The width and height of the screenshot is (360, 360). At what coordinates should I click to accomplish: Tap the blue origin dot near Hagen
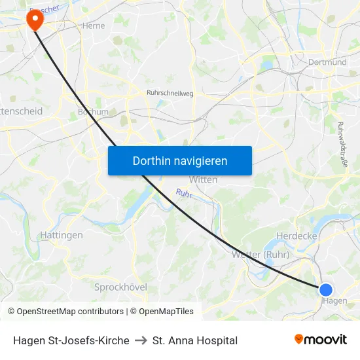click(325, 289)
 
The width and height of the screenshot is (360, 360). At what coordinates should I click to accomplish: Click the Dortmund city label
click(327, 62)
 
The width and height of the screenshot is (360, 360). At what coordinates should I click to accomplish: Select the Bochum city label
click(93, 112)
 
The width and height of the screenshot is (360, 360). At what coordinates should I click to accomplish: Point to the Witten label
click(203, 179)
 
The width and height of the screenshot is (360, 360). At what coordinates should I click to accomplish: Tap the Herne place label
click(94, 26)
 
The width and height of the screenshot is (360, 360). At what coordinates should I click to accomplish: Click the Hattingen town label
click(62, 235)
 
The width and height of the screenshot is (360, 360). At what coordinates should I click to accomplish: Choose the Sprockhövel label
click(121, 287)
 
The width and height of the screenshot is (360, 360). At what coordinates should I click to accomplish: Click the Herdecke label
click(297, 236)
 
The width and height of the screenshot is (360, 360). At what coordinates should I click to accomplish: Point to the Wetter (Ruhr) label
click(260, 254)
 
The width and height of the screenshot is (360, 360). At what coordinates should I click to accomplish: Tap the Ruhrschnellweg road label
click(171, 94)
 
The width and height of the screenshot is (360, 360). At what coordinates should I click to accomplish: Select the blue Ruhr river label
click(183, 194)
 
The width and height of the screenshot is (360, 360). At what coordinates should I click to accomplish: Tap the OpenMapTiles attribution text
click(162, 312)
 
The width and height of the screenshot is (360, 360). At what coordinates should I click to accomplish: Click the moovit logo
click(320, 340)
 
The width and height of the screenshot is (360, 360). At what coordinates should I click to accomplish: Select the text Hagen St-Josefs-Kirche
click(71, 340)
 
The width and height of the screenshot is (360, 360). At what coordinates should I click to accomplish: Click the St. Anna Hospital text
click(195, 340)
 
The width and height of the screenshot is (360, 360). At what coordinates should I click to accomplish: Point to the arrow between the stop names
click(141, 340)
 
